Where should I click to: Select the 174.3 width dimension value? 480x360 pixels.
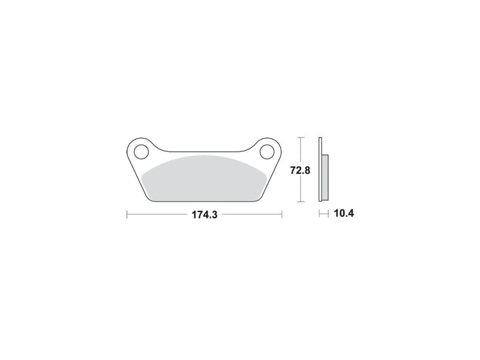coord(204,214)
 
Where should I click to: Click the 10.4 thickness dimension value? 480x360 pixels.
coord(343,214)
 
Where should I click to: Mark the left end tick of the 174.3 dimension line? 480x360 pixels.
coord(127,214)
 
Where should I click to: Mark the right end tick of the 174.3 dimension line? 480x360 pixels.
coord(281,214)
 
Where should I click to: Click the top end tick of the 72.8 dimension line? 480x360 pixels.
coord(300,138)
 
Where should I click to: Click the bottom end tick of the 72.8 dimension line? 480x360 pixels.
coord(300,202)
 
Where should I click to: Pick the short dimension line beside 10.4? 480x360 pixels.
coord(324,214)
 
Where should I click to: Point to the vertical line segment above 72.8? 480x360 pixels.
coord(300,150)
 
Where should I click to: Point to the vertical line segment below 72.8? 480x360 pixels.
coord(300,189)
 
